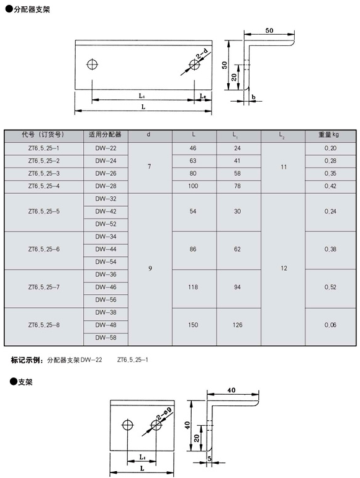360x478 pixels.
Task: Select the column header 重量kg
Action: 328,134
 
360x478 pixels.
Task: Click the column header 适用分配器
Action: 106,134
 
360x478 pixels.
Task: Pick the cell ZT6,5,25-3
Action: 44,173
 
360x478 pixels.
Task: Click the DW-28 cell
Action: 106,186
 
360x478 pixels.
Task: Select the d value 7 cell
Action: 149,167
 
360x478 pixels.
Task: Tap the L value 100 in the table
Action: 193,186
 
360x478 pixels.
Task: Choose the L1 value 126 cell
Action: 238,325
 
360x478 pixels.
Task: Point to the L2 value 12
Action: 283,268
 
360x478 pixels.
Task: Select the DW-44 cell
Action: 106,249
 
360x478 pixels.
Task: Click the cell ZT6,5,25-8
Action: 44,325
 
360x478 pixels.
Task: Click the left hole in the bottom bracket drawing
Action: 128,426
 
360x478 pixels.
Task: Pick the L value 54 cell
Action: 193,211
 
